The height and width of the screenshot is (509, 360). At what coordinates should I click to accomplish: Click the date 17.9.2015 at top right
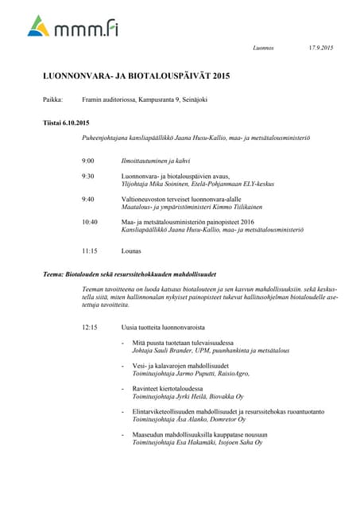point(320,49)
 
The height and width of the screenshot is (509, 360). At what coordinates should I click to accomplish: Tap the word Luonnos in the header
point(263,49)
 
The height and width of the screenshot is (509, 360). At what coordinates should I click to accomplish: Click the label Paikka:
point(52,99)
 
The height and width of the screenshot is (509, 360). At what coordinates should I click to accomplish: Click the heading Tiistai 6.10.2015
point(66,122)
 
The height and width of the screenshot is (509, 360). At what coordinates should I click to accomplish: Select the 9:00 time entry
point(87,161)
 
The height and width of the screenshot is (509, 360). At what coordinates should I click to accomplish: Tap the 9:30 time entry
point(87,176)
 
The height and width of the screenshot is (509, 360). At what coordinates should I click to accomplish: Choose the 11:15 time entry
point(89,251)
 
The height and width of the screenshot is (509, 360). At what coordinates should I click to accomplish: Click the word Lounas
point(131,251)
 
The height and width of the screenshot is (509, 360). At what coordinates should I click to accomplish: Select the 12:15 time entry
point(89,327)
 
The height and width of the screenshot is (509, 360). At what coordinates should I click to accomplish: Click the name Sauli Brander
point(176,351)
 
